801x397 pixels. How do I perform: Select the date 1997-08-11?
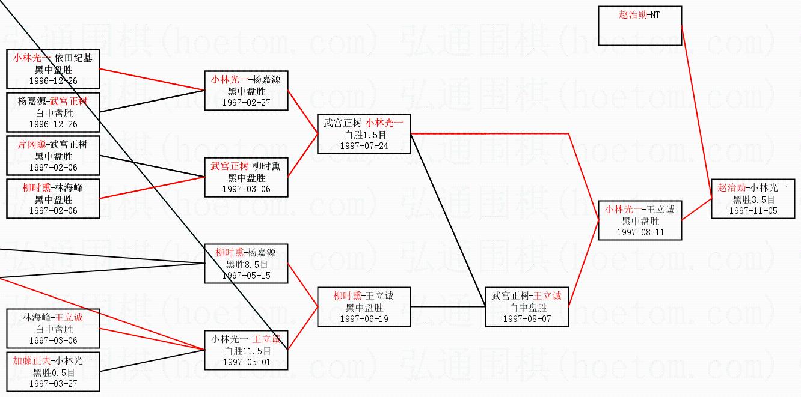(x=640, y=232)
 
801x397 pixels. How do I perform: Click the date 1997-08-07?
(x=527, y=319)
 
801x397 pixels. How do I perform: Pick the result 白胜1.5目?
(x=364, y=135)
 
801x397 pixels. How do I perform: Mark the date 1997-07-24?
(x=364, y=146)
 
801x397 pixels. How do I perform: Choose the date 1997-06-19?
(x=364, y=319)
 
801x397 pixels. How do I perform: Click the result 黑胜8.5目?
(x=246, y=264)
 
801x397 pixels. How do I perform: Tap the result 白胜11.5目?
(x=246, y=351)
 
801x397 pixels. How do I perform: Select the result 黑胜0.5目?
(x=53, y=372)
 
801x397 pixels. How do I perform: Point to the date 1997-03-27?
(x=53, y=384)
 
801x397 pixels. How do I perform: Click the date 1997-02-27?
(x=246, y=103)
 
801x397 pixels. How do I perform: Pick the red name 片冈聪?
(x=31, y=145)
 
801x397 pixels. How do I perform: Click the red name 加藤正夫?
(x=31, y=361)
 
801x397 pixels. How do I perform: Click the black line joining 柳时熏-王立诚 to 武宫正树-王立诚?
(x=448, y=307)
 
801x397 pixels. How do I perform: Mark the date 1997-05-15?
(x=246, y=276)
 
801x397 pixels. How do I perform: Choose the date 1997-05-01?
(x=246, y=362)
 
